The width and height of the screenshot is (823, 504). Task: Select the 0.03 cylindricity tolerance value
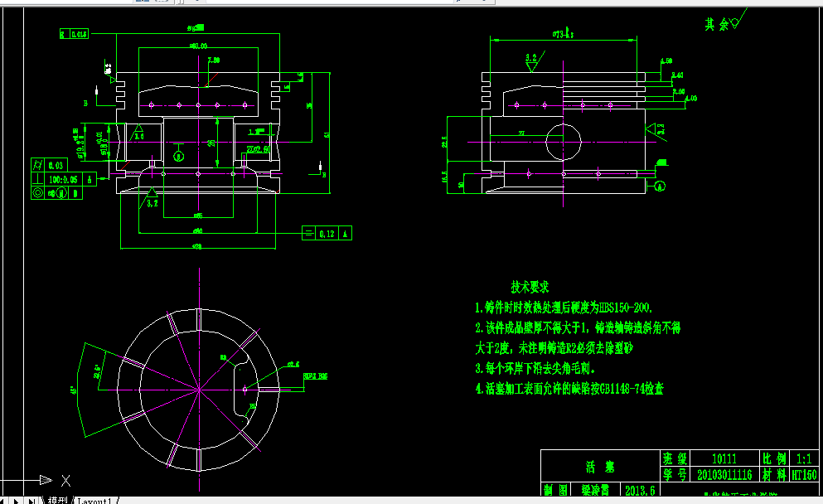[x=56, y=165]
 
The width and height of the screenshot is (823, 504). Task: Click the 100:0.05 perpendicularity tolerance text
[x=63, y=179]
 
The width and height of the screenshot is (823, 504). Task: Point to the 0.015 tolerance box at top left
[x=80, y=34]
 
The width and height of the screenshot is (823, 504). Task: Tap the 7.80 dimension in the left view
[x=214, y=60]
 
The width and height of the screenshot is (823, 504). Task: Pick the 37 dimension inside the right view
[x=521, y=133]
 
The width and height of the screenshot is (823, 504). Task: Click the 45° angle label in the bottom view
[x=74, y=388]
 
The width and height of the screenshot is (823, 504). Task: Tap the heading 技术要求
[x=530, y=288]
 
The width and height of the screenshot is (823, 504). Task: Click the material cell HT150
[x=804, y=475]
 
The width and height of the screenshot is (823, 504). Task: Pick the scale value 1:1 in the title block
[x=804, y=458]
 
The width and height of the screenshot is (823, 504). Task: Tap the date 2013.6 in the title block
[x=640, y=490]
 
